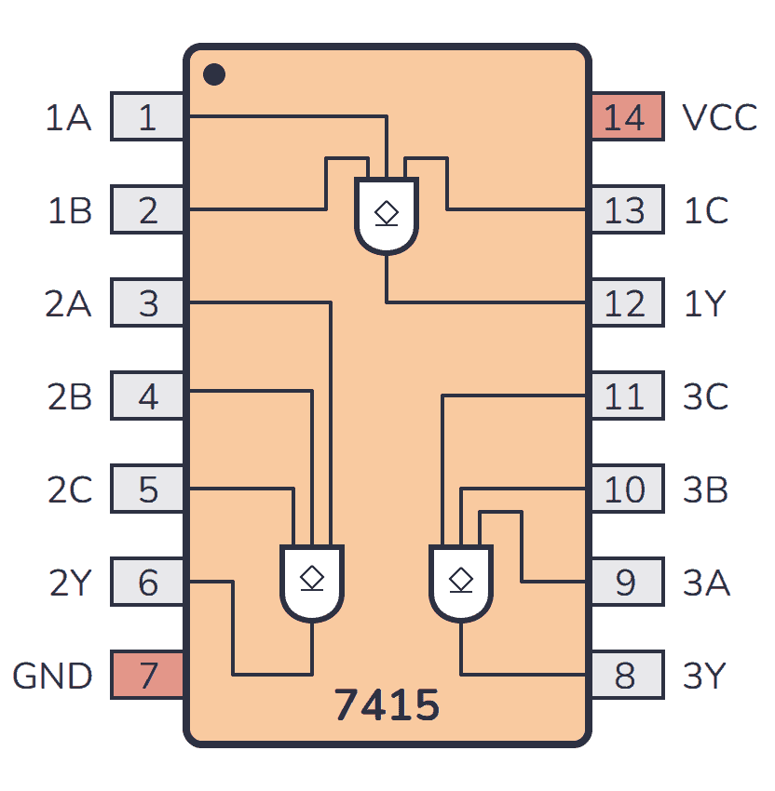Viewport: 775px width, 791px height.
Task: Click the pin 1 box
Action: pos(147,117)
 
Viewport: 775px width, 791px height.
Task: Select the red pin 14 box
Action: pos(626,117)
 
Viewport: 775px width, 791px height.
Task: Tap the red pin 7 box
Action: pos(147,676)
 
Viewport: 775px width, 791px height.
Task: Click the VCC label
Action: pos(719,118)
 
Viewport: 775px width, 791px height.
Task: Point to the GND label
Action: pos(52,677)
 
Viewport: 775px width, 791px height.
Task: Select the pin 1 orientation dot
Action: pos(213,74)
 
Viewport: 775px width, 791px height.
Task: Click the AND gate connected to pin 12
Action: pos(387,215)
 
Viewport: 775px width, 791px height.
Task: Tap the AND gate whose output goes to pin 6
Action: pos(312,583)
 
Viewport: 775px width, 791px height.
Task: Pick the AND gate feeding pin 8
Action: pos(461,583)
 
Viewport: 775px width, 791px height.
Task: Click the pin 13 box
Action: pos(626,210)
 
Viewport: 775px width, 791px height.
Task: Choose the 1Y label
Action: pos(705,304)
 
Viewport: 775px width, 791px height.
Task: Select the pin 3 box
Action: pos(147,303)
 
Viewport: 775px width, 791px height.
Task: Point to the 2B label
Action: pos(69,397)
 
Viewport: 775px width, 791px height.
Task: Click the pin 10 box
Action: pos(626,489)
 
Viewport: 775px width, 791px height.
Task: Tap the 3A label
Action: pos(706,583)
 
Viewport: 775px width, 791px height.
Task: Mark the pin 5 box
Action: pos(147,489)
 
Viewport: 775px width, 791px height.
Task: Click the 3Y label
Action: pos(705,677)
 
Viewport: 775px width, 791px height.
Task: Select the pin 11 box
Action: pos(626,396)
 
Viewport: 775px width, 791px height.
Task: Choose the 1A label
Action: pos(69,118)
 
